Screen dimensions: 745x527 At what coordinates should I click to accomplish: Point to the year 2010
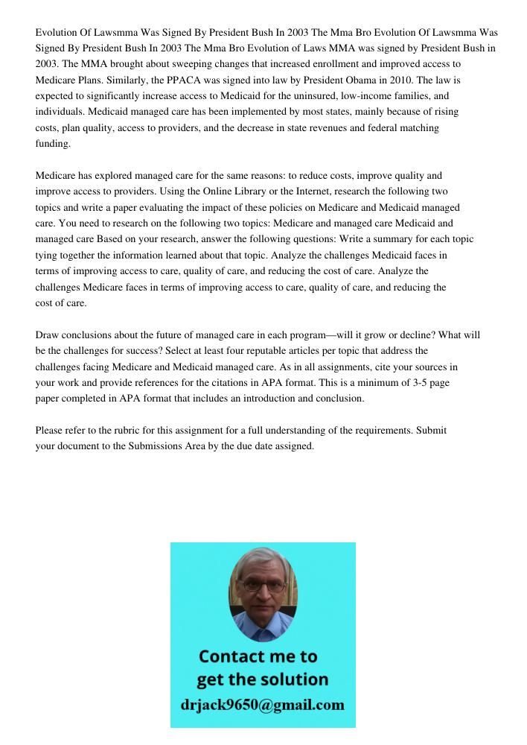[x=388, y=80]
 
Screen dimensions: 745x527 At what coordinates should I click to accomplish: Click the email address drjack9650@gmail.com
[x=263, y=705]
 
